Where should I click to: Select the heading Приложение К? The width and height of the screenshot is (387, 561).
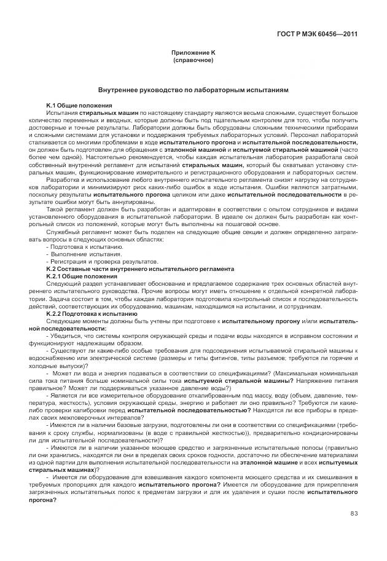click(x=193, y=53)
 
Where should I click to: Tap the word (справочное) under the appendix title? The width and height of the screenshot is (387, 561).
click(x=193, y=61)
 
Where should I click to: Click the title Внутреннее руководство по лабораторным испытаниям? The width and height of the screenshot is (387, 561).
click(x=193, y=90)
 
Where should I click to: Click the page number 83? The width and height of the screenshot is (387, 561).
click(x=354, y=514)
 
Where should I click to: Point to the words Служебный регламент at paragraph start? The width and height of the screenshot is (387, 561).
click(x=75, y=232)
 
